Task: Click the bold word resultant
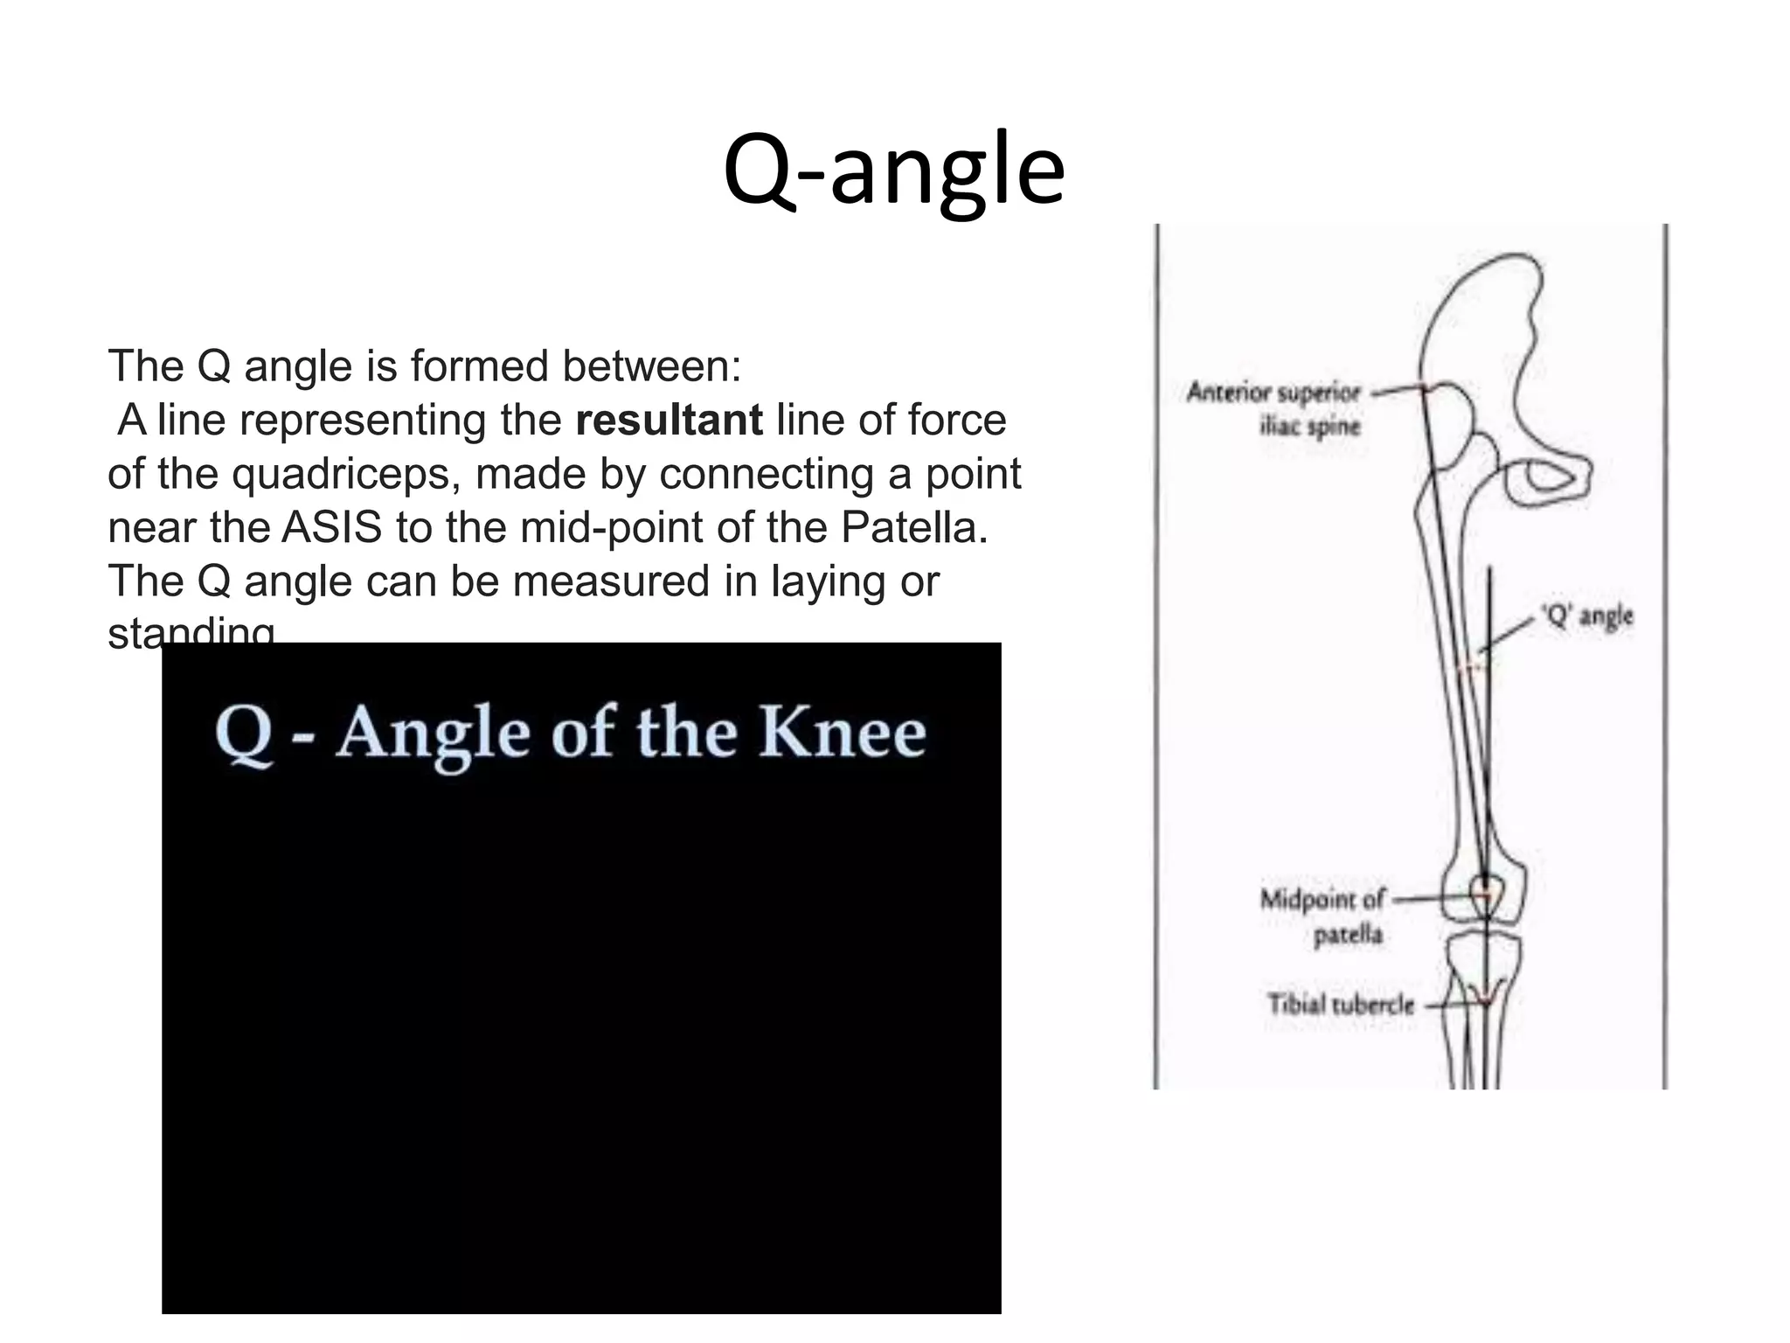pyautogui.click(x=669, y=420)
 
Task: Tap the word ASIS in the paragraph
pyautogui.click(x=331, y=527)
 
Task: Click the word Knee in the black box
pyautogui.click(x=842, y=732)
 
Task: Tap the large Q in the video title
pyautogui.click(x=244, y=734)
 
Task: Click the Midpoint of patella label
pyautogui.click(x=1322, y=915)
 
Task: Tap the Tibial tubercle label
pyautogui.click(x=1341, y=1004)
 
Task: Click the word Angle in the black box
pyautogui.click(x=434, y=733)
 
